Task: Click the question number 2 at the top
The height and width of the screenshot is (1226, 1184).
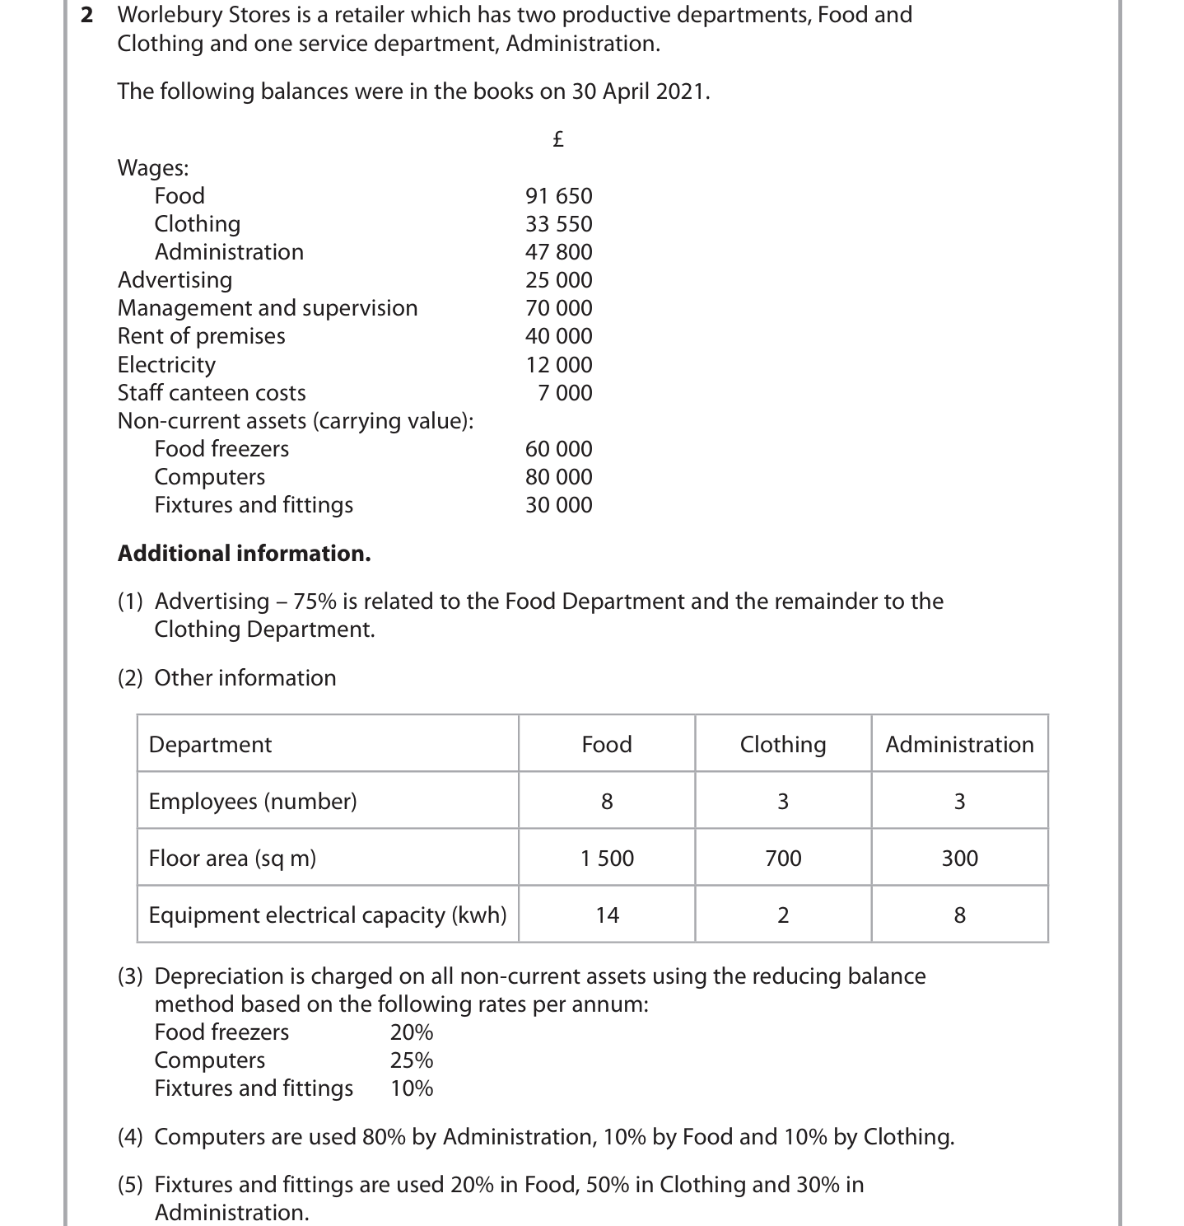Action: tap(86, 16)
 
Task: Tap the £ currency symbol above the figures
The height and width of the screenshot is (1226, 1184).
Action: tap(557, 138)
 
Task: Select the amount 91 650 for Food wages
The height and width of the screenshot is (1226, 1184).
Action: tap(558, 196)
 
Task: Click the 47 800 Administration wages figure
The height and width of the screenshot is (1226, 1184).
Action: tap(558, 252)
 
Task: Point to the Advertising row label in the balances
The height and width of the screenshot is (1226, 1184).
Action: tap(175, 280)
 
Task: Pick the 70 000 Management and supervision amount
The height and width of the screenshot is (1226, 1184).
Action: tap(558, 308)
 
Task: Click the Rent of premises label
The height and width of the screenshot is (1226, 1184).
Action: tap(201, 336)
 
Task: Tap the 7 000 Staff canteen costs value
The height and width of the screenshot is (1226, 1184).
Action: tap(565, 393)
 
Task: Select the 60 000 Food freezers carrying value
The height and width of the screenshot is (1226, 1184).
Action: tap(558, 449)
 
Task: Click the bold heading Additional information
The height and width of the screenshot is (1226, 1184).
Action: tap(244, 554)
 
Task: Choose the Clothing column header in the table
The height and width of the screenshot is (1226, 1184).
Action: tap(783, 745)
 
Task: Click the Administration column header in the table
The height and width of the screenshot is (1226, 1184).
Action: tap(959, 745)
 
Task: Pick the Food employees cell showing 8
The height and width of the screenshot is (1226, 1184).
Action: tap(607, 802)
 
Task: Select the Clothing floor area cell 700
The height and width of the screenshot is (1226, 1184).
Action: tap(783, 859)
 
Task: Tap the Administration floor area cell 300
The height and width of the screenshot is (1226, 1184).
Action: tap(959, 859)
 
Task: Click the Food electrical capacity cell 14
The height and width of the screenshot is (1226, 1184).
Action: tap(607, 915)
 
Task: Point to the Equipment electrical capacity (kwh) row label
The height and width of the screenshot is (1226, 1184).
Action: tap(327, 915)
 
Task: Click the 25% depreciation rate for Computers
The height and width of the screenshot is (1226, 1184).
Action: tap(412, 1060)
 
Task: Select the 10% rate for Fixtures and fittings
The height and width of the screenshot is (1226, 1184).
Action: tap(412, 1088)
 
